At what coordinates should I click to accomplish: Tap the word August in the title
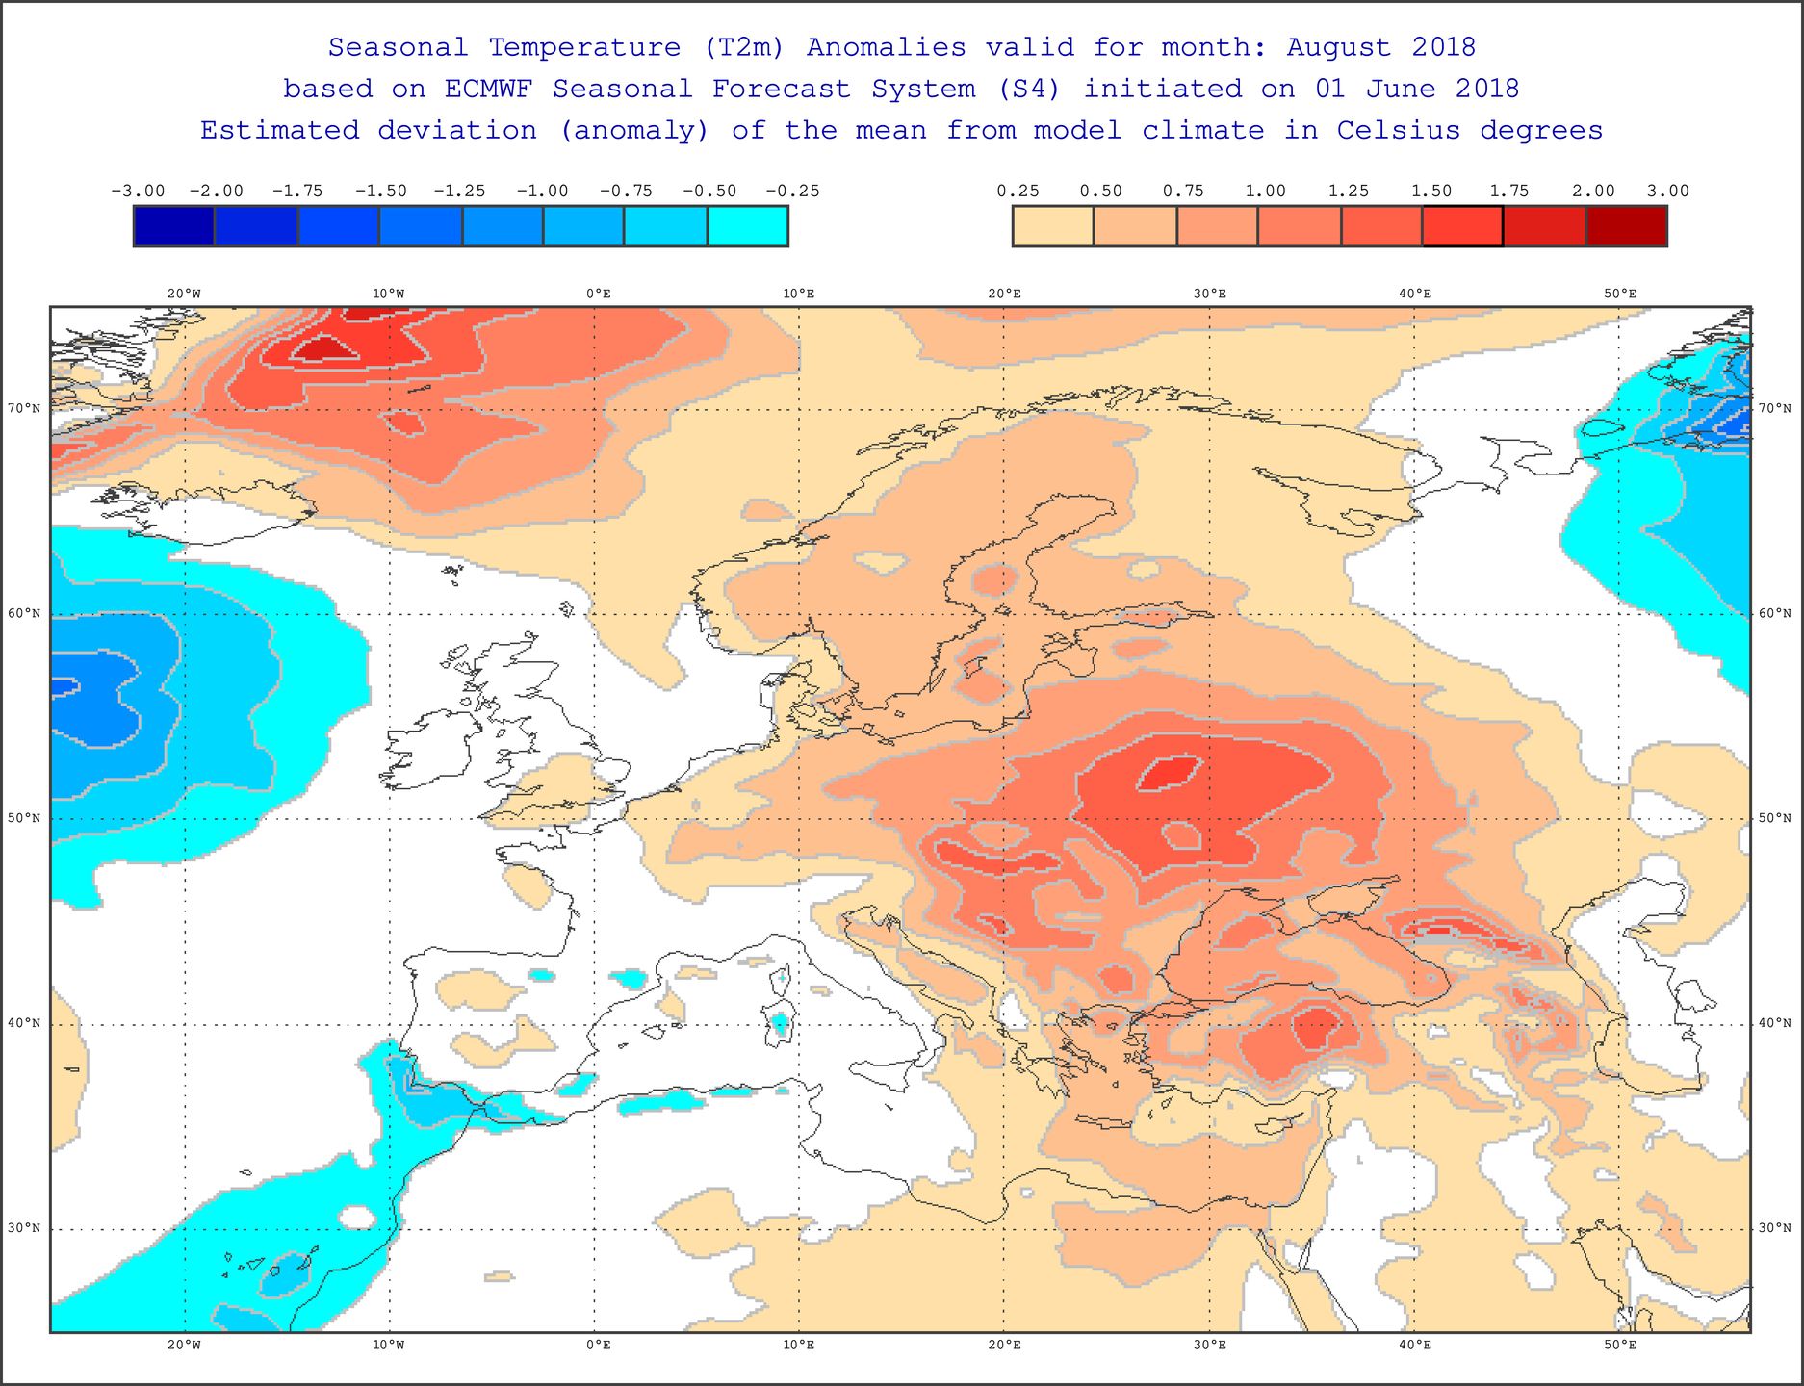[x=1339, y=47]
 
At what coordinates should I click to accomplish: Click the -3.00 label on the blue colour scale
[x=138, y=191]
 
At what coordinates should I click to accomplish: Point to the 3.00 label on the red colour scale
[x=1667, y=191]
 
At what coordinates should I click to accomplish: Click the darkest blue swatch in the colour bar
[x=174, y=227]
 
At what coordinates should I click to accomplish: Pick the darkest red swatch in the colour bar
[x=1626, y=227]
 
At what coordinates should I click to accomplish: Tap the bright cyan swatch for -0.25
[x=748, y=227]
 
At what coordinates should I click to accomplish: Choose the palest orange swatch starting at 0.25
[x=1053, y=227]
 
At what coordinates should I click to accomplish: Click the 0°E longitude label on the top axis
[x=598, y=294]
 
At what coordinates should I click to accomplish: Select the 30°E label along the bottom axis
[x=1209, y=1345]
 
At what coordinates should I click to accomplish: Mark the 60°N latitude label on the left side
[x=25, y=614]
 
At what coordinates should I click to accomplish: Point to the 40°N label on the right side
[x=1775, y=1023]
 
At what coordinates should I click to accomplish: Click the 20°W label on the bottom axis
[x=184, y=1345]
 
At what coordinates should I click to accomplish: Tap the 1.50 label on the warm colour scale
[x=1431, y=191]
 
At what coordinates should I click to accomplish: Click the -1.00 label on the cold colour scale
[x=542, y=191]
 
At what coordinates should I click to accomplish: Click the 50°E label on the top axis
[x=1620, y=294]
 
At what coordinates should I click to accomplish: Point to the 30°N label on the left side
[x=25, y=1228]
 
